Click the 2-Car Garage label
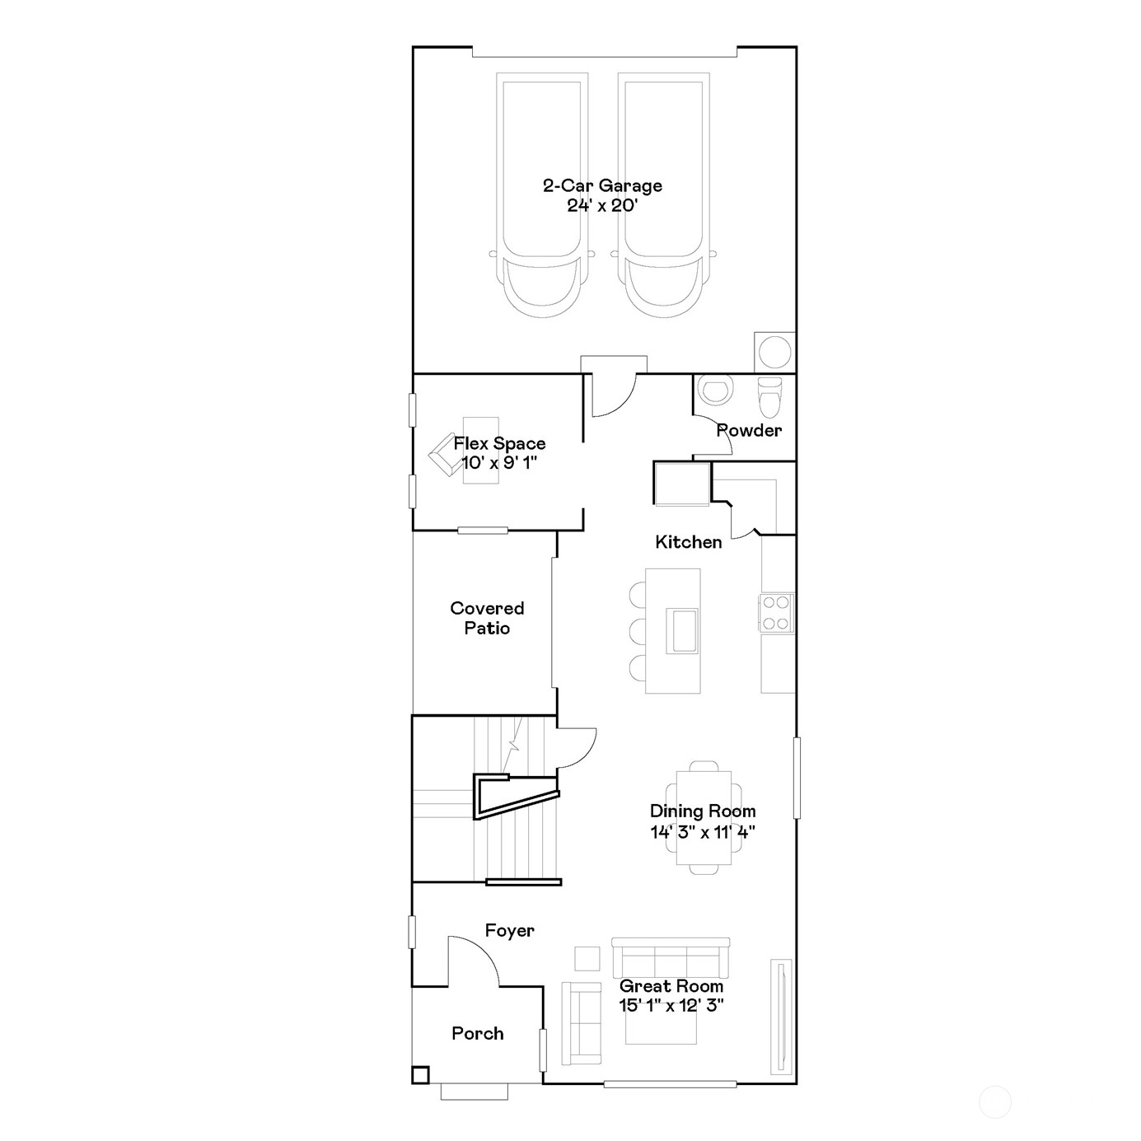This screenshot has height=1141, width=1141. click(x=602, y=185)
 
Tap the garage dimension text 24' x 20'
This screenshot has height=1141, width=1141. click(x=602, y=206)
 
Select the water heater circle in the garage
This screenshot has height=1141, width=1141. click(x=774, y=353)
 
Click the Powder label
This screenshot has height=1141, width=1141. click(x=749, y=430)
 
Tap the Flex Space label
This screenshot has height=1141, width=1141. click(x=499, y=443)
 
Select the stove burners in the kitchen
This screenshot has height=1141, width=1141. click(x=776, y=613)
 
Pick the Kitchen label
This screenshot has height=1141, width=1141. click(x=689, y=541)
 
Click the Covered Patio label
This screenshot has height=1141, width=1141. click(x=487, y=618)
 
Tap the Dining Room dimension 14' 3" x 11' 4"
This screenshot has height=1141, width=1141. click(x=703, y=832)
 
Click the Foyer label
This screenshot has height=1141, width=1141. click(x=509, y=930)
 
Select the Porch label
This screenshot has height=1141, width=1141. click(x=478, y=1033)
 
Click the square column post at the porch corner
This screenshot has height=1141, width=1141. click(x=420, y=1074)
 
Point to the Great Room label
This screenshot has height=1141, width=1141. click(x=671, y=985)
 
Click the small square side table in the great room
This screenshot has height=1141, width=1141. click(x=587, y=959)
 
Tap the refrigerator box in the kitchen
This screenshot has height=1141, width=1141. click(x=681, y=483)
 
